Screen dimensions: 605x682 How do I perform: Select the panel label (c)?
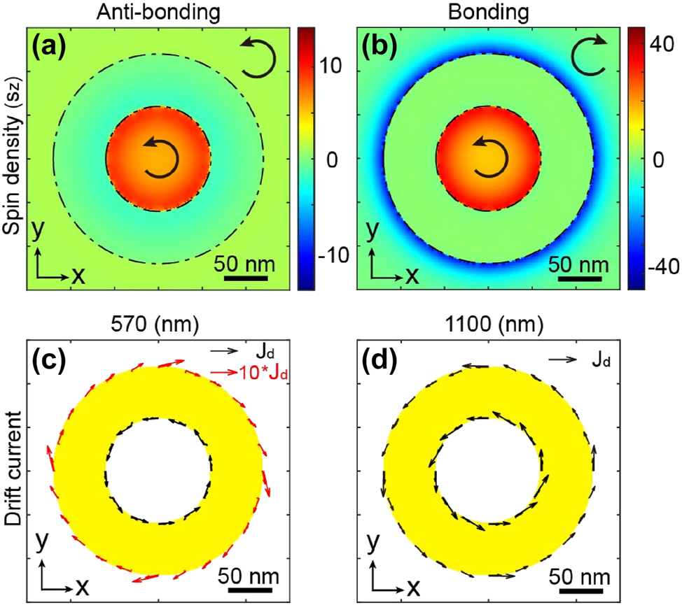(x=50, y=365)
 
